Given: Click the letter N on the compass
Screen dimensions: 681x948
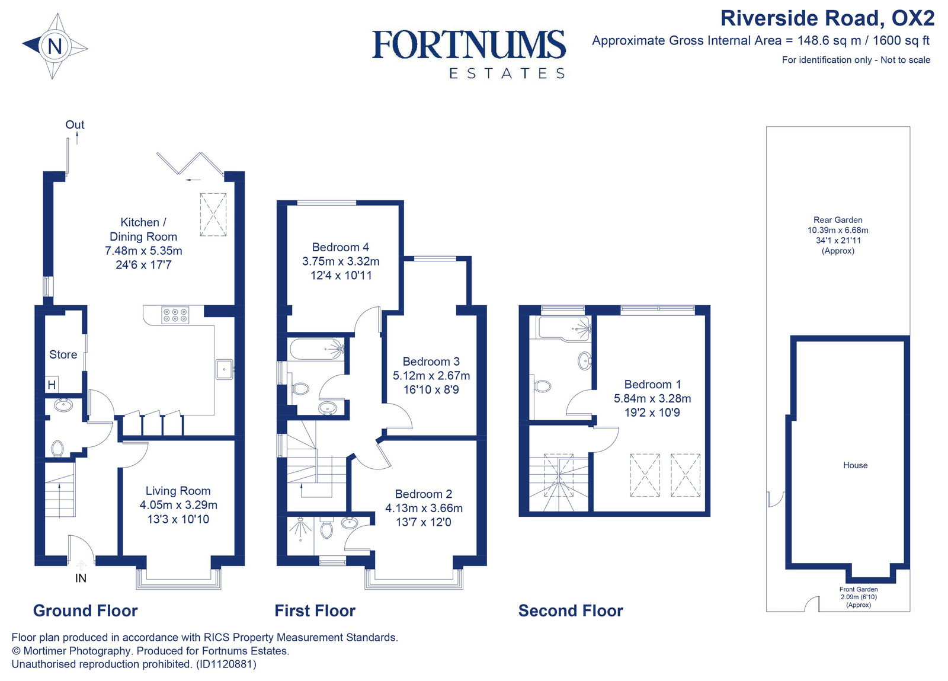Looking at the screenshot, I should coord(55,46).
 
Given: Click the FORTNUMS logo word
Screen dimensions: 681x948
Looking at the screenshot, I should coord(468,46).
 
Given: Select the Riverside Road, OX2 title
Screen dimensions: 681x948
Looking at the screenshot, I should coord(827,18).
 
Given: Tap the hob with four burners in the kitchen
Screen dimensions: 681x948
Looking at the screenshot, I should coord(175,315).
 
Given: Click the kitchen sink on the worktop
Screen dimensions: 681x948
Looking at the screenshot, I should coord(224,369).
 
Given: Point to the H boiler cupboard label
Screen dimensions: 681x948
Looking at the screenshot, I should coord(52,385).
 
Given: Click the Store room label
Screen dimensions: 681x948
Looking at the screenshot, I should coord(63,354).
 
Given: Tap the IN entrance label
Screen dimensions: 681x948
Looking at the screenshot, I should coord(81,578).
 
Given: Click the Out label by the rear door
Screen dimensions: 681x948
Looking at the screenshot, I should coord(75,124).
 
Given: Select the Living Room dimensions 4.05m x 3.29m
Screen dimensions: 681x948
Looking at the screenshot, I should coord(178,505).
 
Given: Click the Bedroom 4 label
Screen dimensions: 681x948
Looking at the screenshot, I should coord(340,247).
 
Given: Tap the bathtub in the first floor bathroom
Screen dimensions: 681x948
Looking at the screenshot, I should coord(316,349).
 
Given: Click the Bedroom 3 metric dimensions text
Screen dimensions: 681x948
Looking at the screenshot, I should coord(431,376).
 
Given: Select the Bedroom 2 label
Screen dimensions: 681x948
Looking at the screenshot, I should coord(423,494).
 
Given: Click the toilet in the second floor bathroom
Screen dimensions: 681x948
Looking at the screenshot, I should coord(542,386).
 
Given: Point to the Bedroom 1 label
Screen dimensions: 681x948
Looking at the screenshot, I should coord(652,384).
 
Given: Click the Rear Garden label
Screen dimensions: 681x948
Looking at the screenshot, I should coord(838,220).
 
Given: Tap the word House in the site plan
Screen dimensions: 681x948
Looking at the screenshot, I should coord(855,465).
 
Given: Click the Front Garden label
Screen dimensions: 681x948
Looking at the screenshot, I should coord(858,589).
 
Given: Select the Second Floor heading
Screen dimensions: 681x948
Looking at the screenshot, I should coord(571,611).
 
